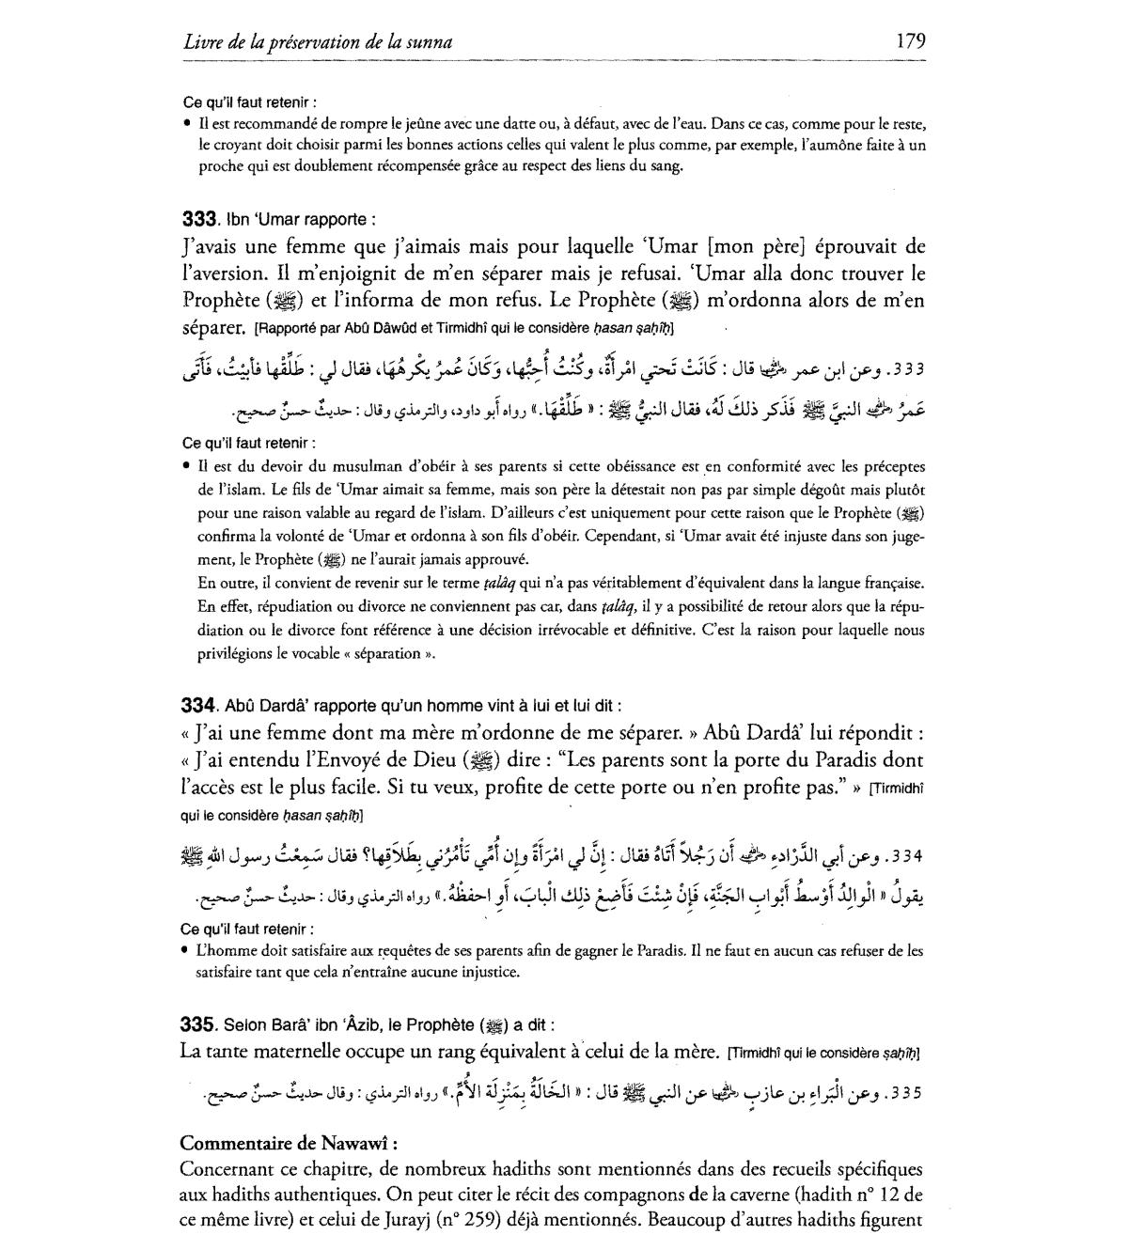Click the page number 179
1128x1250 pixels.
[911, 40]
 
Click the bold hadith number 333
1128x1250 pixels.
[198, 219]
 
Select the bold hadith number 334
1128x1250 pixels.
[198, 705]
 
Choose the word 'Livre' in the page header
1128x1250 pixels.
[202, 41]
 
